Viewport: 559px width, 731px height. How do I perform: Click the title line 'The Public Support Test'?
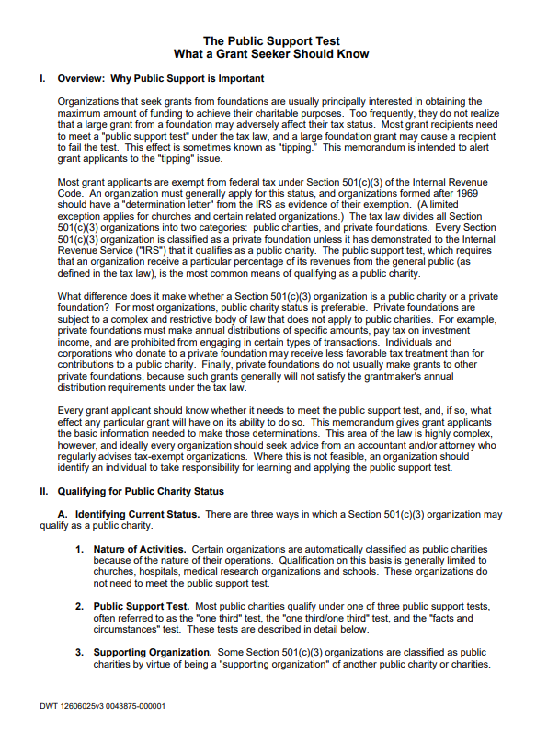click(x=271, y=41)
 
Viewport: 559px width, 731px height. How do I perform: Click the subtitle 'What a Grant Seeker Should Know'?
click(x=271, y=54)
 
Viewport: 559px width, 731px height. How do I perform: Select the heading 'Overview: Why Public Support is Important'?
click(x=161, y=79)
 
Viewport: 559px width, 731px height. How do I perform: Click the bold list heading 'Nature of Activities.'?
click(x=140, y=549)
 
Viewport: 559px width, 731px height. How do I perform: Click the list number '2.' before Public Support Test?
click(x=80, y=607)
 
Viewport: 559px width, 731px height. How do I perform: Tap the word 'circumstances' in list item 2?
click(x=125, y=630)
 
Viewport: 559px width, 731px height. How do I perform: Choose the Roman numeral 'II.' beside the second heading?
click(x=43, y=492)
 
